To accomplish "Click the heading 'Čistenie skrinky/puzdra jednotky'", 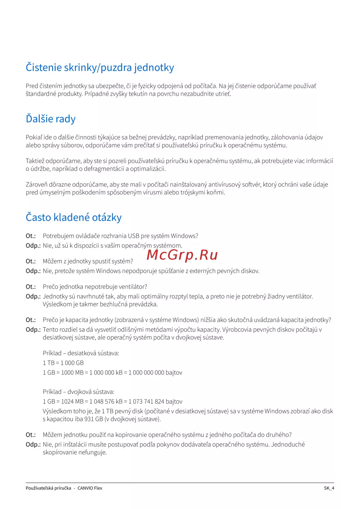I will (100, 68).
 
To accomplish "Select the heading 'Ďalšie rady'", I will (51, 119).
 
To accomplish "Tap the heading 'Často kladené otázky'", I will (73, 217).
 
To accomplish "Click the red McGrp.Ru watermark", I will (182, 255).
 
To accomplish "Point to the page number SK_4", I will (329, 488).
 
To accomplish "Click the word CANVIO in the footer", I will (85, 488).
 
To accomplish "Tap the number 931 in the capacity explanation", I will (89, 419).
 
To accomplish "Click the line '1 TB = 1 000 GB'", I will (63, 363).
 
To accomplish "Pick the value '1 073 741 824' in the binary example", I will (148, 401).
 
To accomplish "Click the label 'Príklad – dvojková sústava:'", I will (78, 392).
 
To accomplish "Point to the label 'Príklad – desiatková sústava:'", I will (81, 353).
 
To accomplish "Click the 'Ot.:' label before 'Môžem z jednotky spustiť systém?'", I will (31, 261).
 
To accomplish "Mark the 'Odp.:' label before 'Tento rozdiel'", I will (33, 330).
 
